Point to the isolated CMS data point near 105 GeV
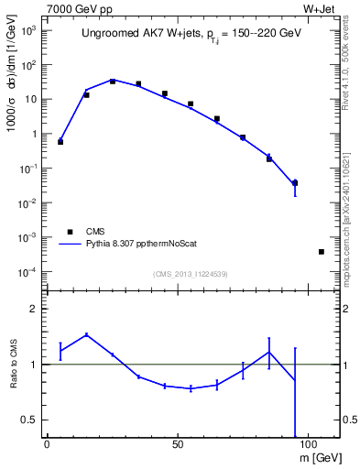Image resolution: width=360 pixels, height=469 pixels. point(322,251)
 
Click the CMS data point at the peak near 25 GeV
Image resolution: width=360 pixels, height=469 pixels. point(113,82)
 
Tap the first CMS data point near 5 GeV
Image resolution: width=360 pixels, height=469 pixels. point(60,142)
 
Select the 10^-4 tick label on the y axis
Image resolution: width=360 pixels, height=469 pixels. point(27,272)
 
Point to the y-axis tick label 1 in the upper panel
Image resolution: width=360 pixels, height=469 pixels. point(32,134)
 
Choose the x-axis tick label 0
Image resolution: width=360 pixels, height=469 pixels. point(47,443)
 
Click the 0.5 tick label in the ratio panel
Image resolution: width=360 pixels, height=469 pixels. point(28,420)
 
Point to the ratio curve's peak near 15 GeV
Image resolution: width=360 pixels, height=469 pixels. point(86,334)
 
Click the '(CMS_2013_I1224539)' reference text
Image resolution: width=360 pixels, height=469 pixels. point(191,273)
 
